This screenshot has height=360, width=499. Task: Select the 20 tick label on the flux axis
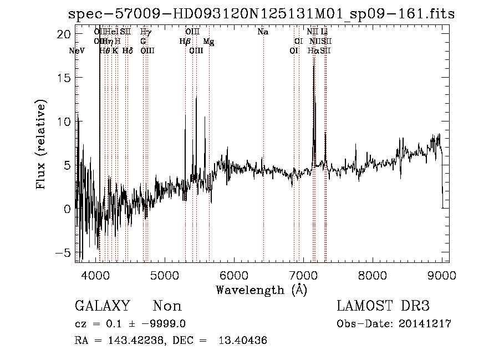64,34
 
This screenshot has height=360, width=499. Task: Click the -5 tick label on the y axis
64,252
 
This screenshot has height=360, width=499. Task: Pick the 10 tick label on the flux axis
64,121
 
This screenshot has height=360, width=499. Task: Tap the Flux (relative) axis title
41,144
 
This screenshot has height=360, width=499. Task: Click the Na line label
263,32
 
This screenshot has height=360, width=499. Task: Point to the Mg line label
208,42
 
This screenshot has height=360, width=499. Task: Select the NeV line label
78,51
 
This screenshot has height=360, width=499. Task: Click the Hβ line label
185,42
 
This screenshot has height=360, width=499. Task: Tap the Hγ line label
145,32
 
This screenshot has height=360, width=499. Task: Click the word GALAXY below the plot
103,306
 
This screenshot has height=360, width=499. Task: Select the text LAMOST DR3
383,306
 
